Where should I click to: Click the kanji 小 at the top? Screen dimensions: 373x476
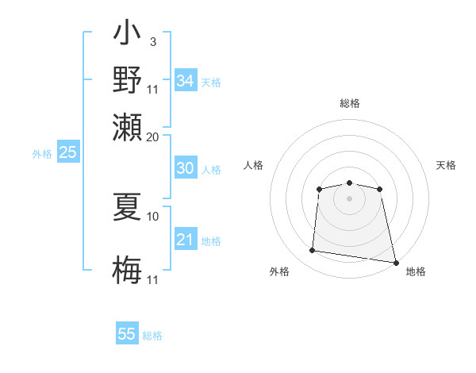click(x=127, y=36)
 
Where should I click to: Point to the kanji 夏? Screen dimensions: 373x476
click(x=127, y=208)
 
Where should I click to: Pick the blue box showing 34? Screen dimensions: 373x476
click(x=185, y=81)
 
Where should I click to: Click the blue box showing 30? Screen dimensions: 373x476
click(x=185, y=168)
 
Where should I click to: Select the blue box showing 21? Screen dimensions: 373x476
click(x=185, y=240)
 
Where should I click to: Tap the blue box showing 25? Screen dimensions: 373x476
click(x=67, y=152)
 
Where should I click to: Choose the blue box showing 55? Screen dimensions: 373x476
click(x=127, y=334)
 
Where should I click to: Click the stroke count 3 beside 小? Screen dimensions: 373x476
click(x=152, y=41)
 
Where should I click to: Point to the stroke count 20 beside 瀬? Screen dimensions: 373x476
click(x=152, y=137)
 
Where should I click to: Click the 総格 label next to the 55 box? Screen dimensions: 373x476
click(x=152, y=336)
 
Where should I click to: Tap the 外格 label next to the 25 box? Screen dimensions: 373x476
click(x=42, y=154)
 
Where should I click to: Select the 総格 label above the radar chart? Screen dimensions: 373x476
click(x=349, y=103)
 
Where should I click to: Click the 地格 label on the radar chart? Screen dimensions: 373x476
click(x=416, y=272)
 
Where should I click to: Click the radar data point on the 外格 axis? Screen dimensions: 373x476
click(x=312, y=251)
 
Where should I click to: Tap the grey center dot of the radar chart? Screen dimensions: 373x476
click(x=349, y=198)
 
